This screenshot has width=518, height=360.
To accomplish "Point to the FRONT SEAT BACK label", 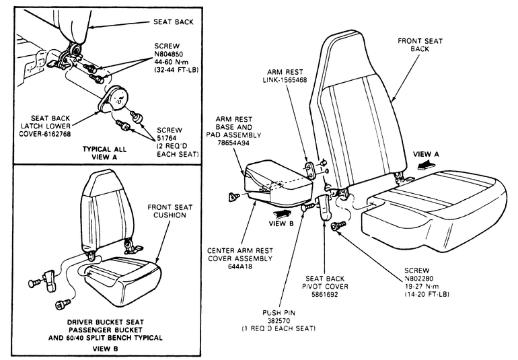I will [x=425, y=45].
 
